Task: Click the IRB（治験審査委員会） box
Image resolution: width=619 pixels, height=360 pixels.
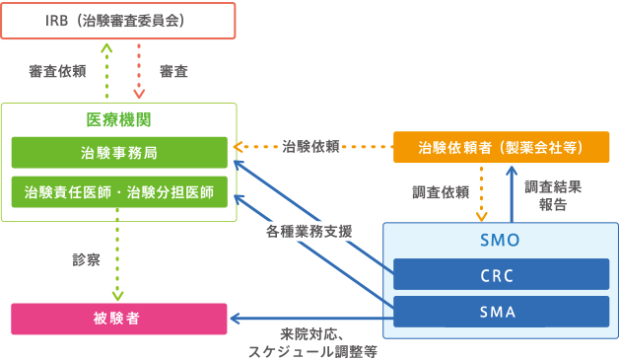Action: [118, 19]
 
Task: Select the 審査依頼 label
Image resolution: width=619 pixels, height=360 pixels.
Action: [56, 72]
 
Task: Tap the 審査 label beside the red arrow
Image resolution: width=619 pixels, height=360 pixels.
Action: [173, 72]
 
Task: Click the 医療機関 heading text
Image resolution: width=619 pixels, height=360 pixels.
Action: [118, 119]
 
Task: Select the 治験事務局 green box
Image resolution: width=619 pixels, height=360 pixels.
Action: [118, 153]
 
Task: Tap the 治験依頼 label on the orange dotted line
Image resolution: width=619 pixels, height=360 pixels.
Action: [310, 147]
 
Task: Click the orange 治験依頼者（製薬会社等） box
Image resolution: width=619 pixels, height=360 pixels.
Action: [501, 147]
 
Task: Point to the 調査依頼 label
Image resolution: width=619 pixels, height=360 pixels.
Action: [440, 192]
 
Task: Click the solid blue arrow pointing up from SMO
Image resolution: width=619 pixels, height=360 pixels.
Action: [512, 193]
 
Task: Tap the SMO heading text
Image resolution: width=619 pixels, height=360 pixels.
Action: [500, 240]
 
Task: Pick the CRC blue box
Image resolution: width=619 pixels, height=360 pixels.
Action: [500, 274]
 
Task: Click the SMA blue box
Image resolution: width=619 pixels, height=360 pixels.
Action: [500, 312]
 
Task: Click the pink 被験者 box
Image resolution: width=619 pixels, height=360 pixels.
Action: [118, 320]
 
